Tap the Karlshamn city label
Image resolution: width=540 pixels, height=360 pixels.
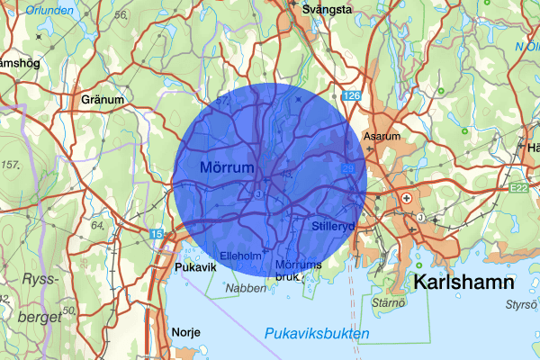[463, 283]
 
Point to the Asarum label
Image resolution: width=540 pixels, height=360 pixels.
[381, 137]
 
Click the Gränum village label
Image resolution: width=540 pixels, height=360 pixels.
[102, 99]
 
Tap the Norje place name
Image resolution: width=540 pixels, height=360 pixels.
[184, 331]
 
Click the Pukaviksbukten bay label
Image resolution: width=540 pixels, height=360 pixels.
[317, 334]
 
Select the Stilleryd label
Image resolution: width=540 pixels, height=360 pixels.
[334, 226]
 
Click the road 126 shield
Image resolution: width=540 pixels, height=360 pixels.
[351, 96]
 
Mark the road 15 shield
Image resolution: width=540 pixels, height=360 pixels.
[157, 234]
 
